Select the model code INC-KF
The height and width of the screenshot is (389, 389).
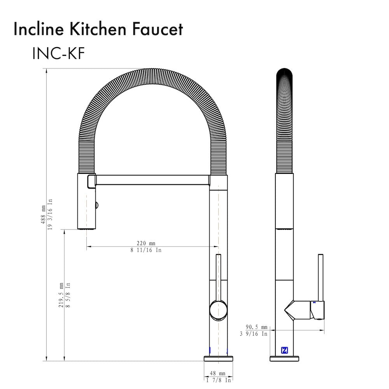coord(58,54)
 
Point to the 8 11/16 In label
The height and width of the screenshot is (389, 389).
coord(146,250)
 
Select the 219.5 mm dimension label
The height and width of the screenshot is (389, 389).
coord(61,295)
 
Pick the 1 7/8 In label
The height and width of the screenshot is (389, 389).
coord(218,380)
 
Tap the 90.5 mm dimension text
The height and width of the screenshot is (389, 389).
coord(256,327)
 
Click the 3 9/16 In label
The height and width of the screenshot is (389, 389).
coord(253,334)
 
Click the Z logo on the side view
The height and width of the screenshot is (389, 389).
coord(284,350)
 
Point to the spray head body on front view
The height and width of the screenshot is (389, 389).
coord(86,202)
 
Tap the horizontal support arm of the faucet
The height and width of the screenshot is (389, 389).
coord(152,180)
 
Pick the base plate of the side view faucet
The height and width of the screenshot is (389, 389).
coord(284,358)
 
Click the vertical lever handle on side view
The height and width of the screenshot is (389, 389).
coord(321,276)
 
